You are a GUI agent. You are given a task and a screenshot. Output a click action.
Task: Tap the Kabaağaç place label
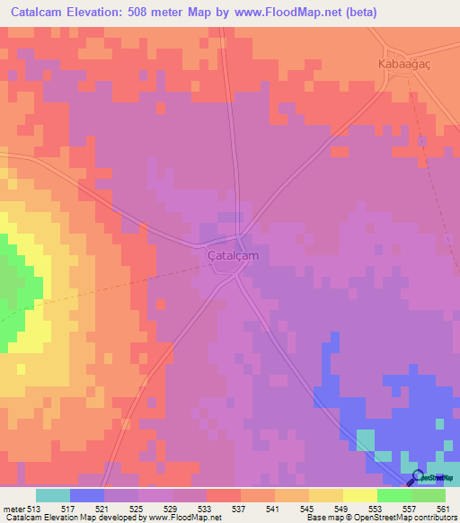point(404,65)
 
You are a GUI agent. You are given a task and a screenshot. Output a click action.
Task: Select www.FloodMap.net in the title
point(283,12)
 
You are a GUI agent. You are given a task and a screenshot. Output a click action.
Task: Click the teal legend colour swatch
point(52,495)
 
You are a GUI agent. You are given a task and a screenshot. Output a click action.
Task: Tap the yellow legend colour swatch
point(359,495)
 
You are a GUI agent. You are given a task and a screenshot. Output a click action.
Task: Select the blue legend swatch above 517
point(86,495)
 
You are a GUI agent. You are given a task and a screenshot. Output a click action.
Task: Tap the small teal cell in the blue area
point(366,439)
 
